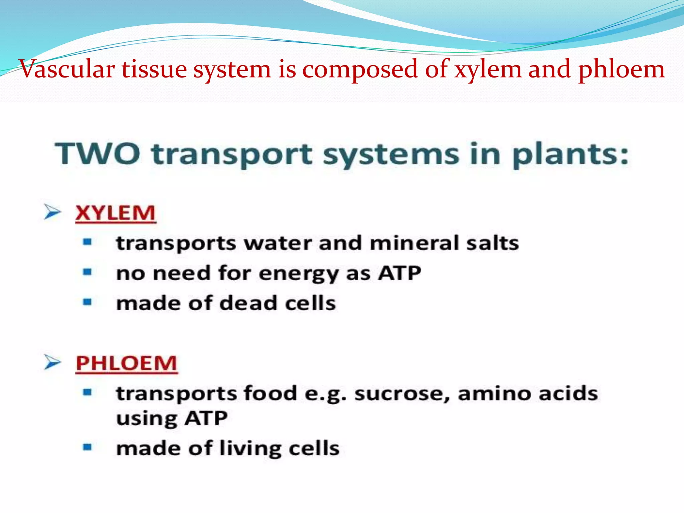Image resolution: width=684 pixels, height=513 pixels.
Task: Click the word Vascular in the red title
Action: pos(67,69)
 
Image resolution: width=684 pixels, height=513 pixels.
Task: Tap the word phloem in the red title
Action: pos(621,69)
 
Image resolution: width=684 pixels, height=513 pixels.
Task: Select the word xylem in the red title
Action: pos(488,69)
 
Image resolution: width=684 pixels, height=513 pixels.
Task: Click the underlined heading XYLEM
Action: pos(116,213)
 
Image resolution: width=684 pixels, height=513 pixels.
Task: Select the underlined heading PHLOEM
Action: pos(126,363)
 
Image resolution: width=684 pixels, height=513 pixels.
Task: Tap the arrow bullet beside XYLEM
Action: pos(52,212)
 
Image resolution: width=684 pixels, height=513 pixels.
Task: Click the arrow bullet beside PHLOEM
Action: pos(52,362)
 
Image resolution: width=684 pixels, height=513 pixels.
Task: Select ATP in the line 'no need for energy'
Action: pos(399,273)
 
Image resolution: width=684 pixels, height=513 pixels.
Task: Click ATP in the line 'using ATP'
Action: pos(206,418)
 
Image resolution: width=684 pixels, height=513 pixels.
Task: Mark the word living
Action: pos(250,448)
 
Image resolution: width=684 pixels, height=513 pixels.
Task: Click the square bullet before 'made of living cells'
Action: pos(87,447)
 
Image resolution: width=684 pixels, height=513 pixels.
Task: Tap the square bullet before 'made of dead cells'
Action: pos(87,302)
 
